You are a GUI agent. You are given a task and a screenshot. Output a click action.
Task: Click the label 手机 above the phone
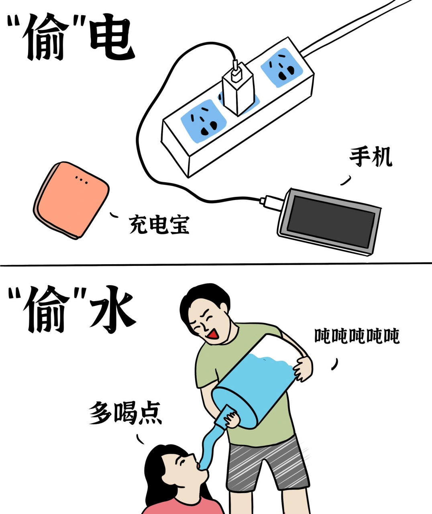click(x=370, y=157)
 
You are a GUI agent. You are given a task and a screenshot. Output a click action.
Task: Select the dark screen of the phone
click(x=332, y=220)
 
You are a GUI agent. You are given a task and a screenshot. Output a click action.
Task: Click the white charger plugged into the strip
click(x=238, y=89)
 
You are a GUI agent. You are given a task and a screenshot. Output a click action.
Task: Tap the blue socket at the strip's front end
click(x=203, y=118)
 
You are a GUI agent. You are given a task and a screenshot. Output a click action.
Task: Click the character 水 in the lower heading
click(x=112, y=309)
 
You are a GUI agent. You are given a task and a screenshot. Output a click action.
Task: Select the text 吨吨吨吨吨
click(x=357, y=336)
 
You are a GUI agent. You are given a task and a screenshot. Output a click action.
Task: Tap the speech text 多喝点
click(x=125, y=412)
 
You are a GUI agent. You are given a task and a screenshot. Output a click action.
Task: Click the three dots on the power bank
click(x=81, y=179)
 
